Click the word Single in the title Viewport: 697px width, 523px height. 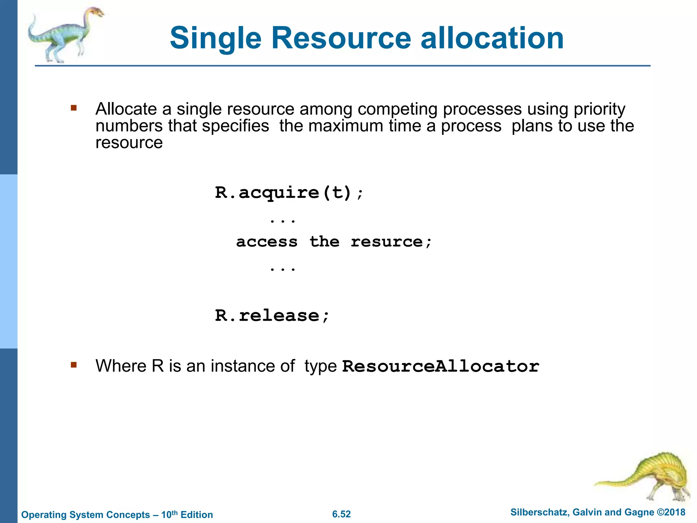[215, 38]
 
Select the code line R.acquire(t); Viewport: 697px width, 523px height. [289, 193]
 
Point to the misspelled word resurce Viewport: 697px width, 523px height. [387, 242]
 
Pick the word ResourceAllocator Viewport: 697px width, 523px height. [440, 366]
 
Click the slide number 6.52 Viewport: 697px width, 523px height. [341, 514]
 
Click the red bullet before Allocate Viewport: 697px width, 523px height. [74, 109]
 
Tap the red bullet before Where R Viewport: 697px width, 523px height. [74, 365]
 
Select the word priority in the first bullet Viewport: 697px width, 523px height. [599, 110]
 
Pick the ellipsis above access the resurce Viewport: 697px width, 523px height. [282, 221]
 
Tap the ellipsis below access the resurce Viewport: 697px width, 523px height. [282, 269]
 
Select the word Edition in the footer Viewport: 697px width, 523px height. [197, 514]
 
